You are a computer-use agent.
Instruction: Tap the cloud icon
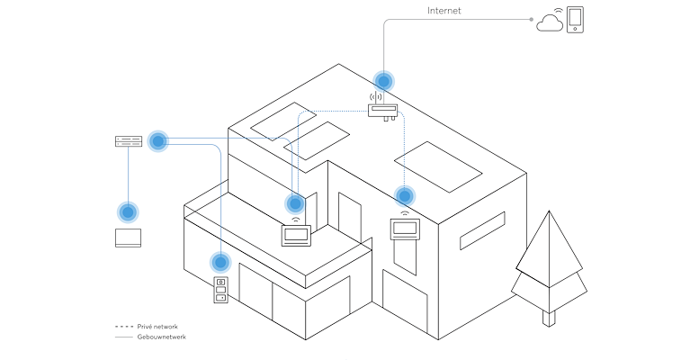point(550,22)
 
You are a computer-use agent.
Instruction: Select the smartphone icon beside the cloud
point(576,20)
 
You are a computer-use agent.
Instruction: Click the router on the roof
point(383,111)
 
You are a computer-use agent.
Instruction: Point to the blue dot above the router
point(383,80)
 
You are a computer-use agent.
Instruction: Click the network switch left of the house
point(129,141)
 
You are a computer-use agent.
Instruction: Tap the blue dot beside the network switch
point(158,140)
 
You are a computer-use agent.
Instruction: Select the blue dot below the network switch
point(128,212)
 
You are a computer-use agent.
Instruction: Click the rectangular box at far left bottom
point(128,238)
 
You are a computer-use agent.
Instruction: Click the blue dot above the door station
point(220,263)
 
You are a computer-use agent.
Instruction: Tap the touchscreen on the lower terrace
point(296,235)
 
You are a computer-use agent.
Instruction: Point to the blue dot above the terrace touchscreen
point(295,204)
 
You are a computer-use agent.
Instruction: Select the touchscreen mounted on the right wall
point(404,229)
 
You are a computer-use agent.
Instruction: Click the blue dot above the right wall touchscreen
point(405,195)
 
